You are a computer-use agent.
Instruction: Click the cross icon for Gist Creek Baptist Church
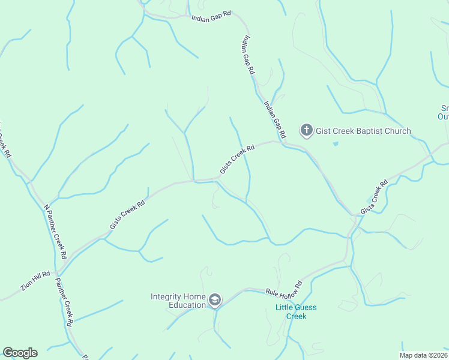click(306, 130)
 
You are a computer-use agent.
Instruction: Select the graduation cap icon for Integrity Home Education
click(215, 300)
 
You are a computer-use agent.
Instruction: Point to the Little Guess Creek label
click(296, 312)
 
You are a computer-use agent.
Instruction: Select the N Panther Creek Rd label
click(55, 232)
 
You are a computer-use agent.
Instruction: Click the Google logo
click(20, 353)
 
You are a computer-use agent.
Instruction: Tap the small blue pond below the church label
click(335, 144)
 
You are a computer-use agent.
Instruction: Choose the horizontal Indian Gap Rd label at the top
click(211, 17)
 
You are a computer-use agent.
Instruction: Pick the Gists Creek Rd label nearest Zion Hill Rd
click(127, 215)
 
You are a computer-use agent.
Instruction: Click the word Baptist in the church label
click(364, 131)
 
